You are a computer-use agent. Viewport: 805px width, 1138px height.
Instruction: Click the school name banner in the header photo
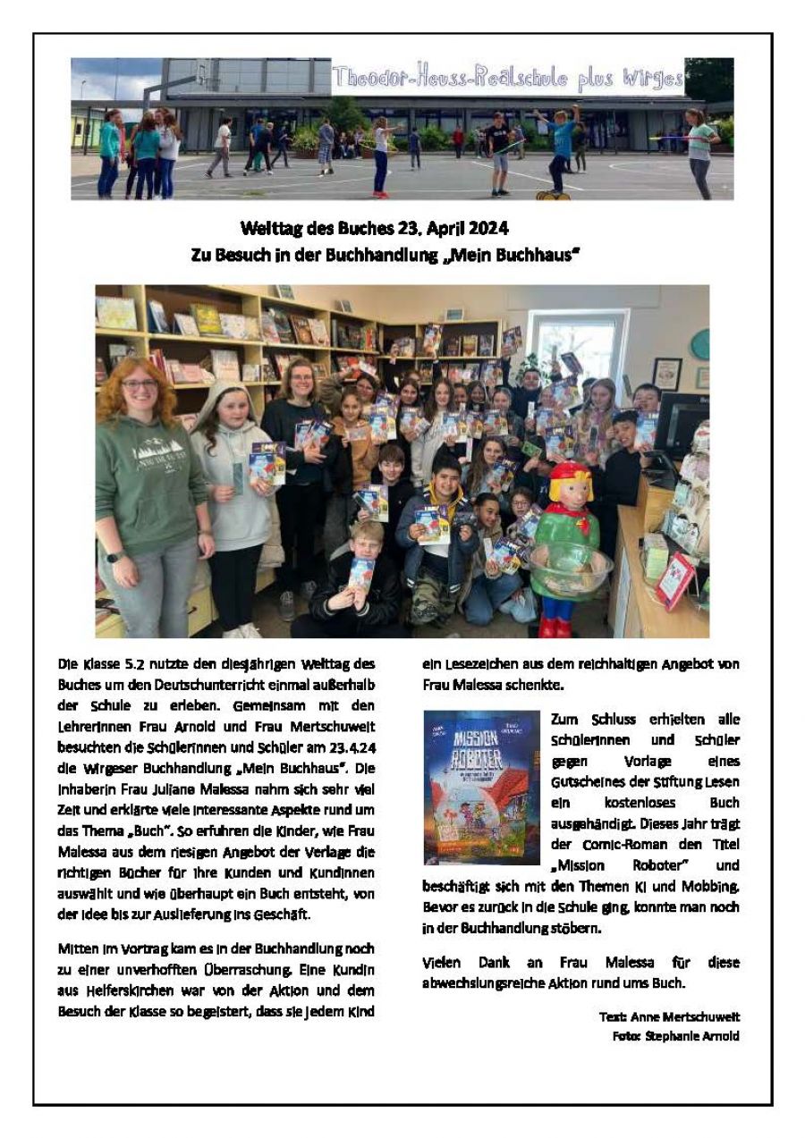(x=507, y=78)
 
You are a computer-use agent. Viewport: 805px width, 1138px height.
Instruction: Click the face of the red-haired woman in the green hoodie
(x=140, y=385)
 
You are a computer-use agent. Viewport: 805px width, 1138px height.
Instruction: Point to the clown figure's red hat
(x=570, y=470)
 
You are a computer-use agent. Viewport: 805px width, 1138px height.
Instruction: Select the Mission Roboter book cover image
(x=481, y=787)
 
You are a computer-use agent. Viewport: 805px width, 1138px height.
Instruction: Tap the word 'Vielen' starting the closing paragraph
(x=442, y=962)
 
